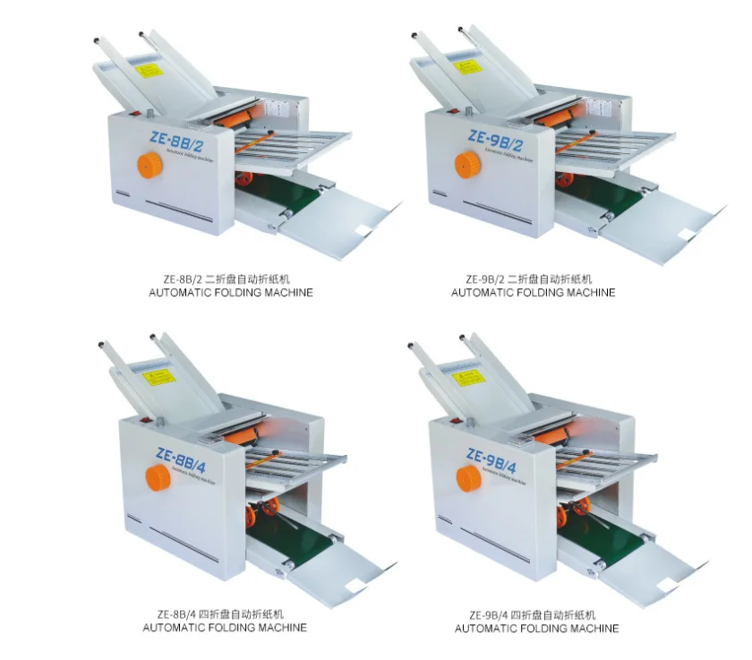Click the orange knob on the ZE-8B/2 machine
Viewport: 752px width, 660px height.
150,165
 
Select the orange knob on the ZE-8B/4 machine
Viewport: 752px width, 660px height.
158,477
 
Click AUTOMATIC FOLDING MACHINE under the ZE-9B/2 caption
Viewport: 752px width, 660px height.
534,293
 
